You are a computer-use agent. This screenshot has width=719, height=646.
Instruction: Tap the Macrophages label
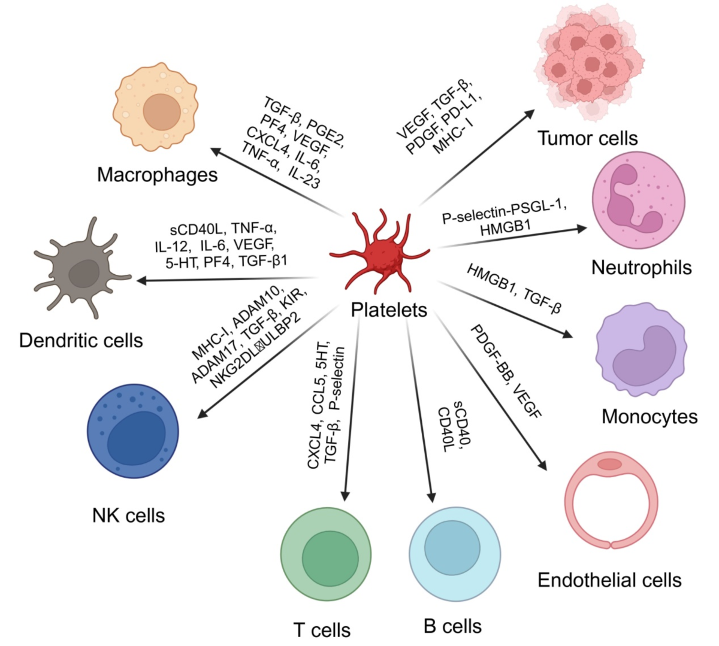(x=157, y=175)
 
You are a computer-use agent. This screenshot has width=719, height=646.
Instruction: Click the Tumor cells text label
(x=588, y=139)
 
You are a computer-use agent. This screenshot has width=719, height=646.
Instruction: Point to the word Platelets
(x=389, y=310)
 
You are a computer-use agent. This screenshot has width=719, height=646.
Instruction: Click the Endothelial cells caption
(x=609, y=580)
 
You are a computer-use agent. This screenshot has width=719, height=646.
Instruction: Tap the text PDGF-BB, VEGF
(x=505, y=372)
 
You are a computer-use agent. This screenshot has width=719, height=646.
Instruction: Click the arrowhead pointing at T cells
(x=345, y=495)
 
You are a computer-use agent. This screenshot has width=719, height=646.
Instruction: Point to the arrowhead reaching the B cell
(x=431, y=496)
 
